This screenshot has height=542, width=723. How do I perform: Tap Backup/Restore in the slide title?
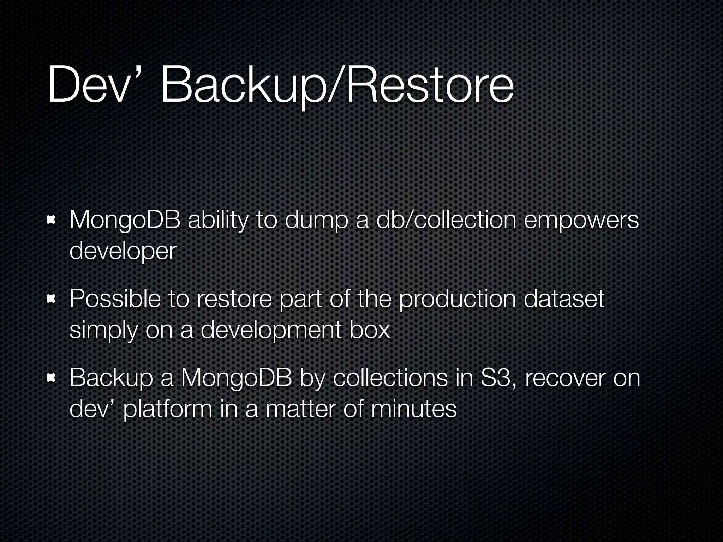[337, 87]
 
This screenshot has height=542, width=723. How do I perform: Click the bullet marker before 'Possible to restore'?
[52, 300]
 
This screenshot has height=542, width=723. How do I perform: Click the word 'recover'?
[564, 378]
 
